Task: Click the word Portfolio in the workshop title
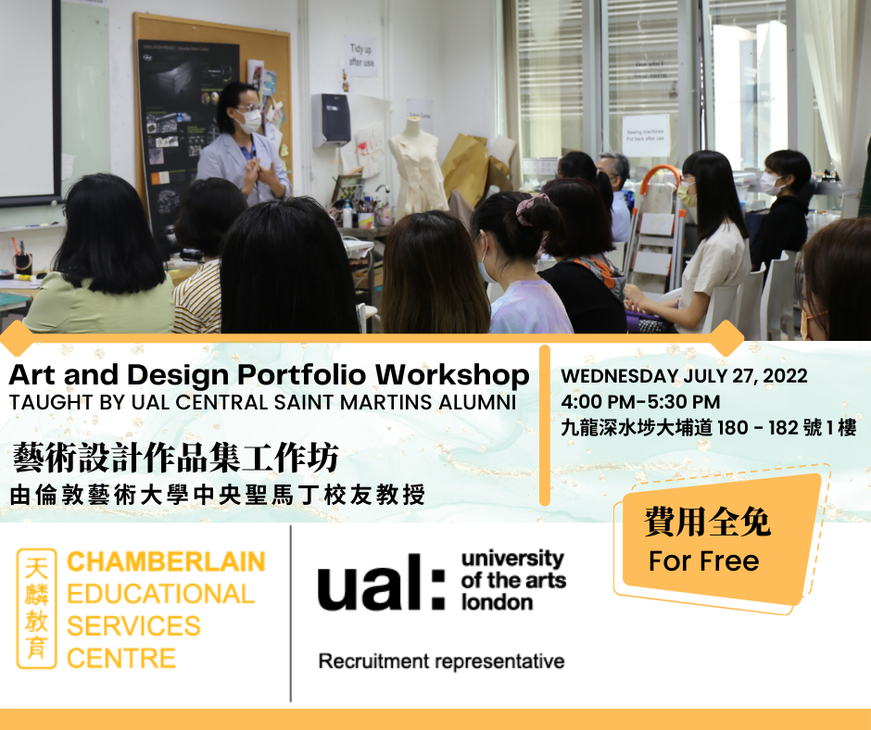pyautogui.click(x=302, y=375)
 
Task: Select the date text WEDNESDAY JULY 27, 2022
pyautogui.click(x=684, y=376)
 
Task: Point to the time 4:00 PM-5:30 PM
pyautogui.click(x=640, y=402)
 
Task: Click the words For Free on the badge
pyautogui.click(x=704, y=561)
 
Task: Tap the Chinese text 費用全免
pyautogui.click(x=707, y=522)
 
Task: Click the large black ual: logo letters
pyautogui.click(x=381, y=582)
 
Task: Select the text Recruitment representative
pyautogui.click(x=442, y=661)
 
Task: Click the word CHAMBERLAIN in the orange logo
pyautogui.click(x=166, y=561)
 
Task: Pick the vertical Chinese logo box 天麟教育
pyautogui.click(x=37, y=609)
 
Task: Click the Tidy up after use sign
pyautogui.click(x=361, y=56)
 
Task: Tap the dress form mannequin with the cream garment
pyautogui.click(x=418, y=167)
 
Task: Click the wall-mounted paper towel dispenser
pyautogui.click(x=331, y=120)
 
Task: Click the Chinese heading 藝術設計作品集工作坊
pyautogui.click(x=175, y=458)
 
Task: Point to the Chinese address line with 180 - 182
pyautogui.click(x=709, y=428)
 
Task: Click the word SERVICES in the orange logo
pyautogui.click(x=133, y=626)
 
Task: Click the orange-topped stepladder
pyautogui.click(x=655, y=228)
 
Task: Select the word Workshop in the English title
pyautogui.click(x=452, y=375)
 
